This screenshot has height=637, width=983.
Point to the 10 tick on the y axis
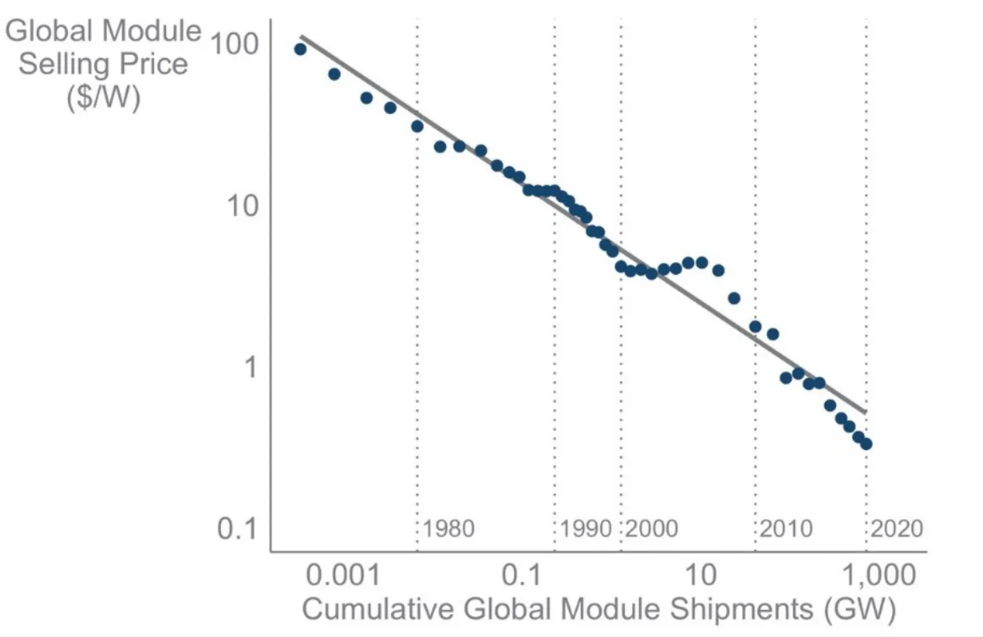pos(242,205)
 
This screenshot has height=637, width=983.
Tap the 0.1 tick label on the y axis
pos(237,529)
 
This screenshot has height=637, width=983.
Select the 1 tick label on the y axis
pos(250,367)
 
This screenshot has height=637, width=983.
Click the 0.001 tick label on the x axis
pos(343,575)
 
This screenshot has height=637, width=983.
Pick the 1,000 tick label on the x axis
pos(879,575)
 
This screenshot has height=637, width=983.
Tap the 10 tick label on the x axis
pos(701,575)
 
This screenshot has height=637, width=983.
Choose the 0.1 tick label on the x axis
pos(521,575)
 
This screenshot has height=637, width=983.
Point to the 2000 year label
pos(652,529)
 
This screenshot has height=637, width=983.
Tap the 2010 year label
pos(787,529)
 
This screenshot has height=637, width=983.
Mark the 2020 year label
pos(897,529)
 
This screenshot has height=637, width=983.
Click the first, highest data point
pos(301,49)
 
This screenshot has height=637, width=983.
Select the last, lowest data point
pos(866,444)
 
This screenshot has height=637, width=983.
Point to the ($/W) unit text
pos(103,97)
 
